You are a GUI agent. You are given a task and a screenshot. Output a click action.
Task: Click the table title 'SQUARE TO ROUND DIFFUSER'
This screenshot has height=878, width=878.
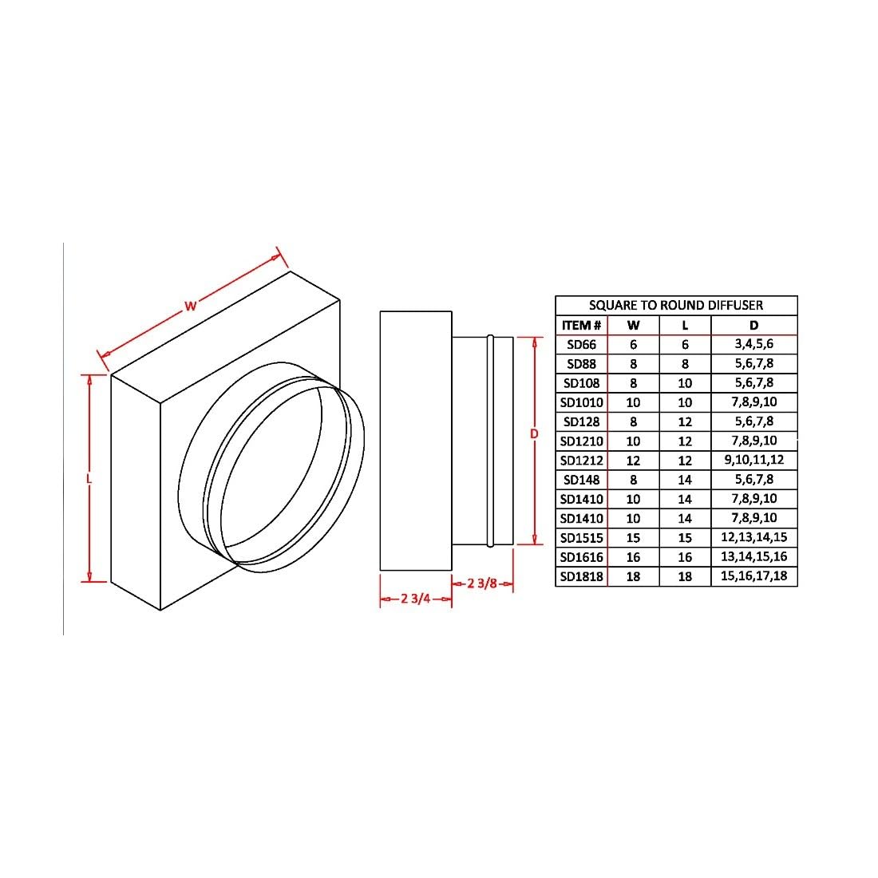point(675,305)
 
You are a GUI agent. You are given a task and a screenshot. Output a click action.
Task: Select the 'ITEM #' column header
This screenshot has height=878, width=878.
point(581,325)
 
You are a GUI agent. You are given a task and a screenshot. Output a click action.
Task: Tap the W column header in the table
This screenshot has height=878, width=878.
point(633,325)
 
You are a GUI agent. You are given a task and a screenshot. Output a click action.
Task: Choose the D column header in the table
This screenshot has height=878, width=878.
point(753,325)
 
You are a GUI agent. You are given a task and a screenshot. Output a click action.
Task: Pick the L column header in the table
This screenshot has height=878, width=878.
point(685,325)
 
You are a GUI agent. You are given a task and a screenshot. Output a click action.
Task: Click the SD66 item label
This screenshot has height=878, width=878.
point(581,345)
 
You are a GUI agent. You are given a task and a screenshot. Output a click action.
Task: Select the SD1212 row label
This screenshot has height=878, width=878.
point(581,461)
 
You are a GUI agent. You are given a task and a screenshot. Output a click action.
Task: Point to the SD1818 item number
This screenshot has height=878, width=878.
point(581,576)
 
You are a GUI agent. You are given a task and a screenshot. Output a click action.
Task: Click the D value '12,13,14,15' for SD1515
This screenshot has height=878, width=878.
point(753,537)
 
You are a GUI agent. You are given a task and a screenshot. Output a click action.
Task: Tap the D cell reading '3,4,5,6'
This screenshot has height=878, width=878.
point(753,344)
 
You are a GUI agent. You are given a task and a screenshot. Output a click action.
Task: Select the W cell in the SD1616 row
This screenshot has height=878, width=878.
point(633,557)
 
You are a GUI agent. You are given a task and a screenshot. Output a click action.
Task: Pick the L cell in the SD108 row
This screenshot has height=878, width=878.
point(685,383)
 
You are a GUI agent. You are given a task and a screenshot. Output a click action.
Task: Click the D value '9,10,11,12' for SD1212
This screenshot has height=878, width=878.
point(753,460)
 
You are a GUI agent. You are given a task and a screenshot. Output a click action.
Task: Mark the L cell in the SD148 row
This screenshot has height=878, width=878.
point(685,480)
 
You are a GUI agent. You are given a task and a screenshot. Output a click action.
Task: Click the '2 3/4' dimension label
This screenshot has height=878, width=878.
point(416,599)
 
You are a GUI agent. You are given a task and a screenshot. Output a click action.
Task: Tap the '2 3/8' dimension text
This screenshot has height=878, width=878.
point(482,583)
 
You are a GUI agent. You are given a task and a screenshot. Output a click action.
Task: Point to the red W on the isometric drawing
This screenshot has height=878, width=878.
point(190,305)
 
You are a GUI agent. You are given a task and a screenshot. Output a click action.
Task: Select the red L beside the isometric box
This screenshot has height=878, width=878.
point(89,478)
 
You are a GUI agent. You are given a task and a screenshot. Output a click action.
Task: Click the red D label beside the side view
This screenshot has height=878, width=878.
point(534,433)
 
